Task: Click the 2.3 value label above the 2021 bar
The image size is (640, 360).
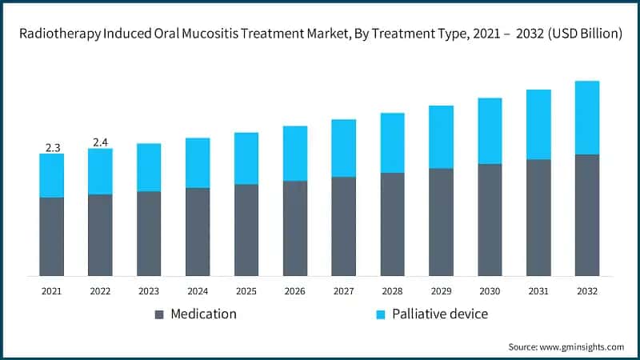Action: point(52,147)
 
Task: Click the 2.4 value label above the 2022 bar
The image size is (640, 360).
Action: point(101,142)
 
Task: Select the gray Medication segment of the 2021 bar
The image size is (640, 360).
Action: point(52,236)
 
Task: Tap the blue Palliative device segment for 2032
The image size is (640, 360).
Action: point(587,118)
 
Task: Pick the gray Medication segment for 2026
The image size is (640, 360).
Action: point(295,228)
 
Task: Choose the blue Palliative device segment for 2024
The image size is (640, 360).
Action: point(198,162)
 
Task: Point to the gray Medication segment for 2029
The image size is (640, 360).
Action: point(441,222)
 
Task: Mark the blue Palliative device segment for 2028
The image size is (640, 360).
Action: point(392,142)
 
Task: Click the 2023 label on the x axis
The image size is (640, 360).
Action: point(149,290)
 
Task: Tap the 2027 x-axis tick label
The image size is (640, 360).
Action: point(344,290)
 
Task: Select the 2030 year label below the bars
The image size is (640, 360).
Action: point(490,290)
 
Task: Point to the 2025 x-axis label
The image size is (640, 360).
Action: point(246,290)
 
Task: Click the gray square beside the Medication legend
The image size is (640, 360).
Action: point(158,314)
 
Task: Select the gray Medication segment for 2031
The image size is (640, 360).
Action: point(538,218)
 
